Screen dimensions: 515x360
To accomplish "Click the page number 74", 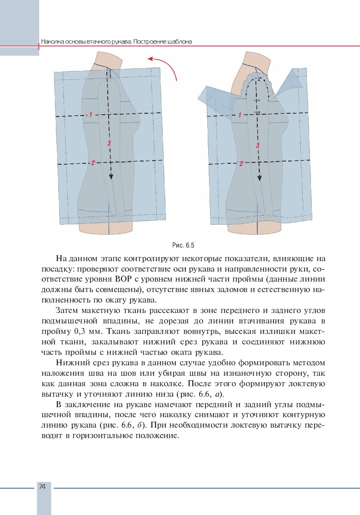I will point(42,486).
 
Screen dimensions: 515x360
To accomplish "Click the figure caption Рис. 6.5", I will point(183,246).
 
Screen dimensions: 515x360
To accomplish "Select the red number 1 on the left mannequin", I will point(90,115).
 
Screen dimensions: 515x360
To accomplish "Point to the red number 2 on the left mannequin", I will point(93,163).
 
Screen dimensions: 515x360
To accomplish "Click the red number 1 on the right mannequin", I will point(240,115).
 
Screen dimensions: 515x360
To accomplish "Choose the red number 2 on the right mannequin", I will point(241,163).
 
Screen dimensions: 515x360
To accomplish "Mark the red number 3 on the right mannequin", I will point(258,146).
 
